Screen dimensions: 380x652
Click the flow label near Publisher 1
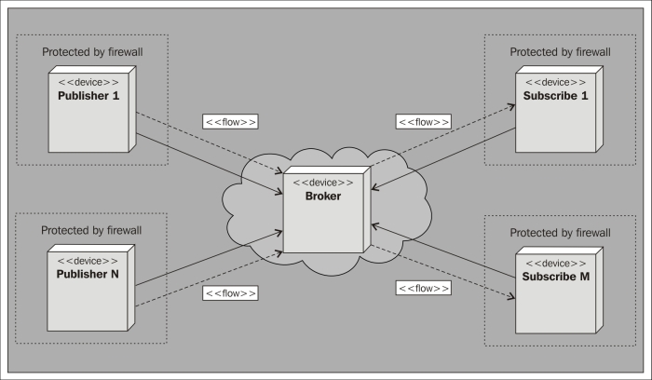230,122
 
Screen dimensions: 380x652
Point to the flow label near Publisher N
230,292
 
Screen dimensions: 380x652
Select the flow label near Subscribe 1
423,122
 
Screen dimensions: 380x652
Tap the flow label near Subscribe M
423,289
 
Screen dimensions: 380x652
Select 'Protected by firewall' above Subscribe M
560,232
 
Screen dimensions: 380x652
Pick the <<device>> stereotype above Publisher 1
88,81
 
